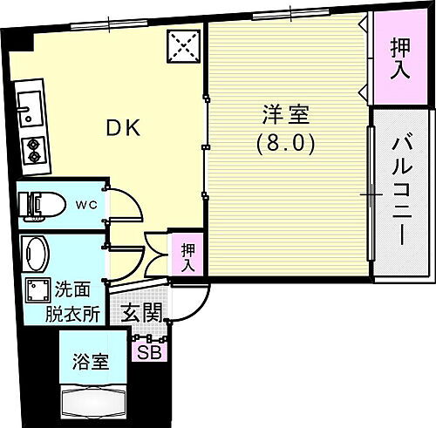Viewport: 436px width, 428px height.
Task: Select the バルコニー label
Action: [400, 189]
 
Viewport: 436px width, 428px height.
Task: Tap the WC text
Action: [85, 206]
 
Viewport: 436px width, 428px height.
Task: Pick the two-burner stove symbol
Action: [36, 150]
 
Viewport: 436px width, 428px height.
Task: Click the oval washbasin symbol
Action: [37, 255]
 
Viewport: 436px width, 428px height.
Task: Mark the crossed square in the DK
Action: [184, 44]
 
